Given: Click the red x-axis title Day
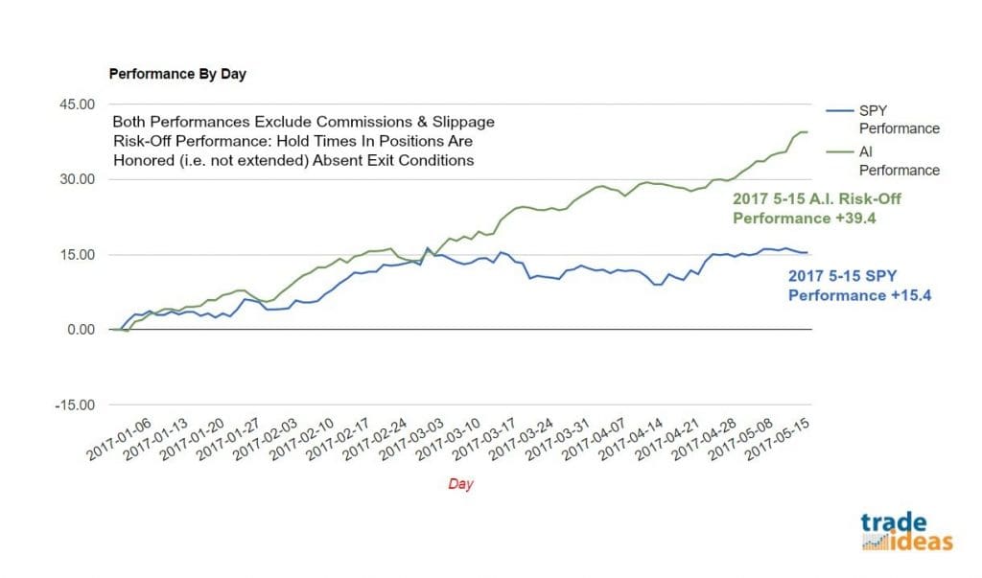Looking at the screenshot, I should coord(460,484).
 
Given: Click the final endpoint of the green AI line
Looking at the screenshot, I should coord(810,131).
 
